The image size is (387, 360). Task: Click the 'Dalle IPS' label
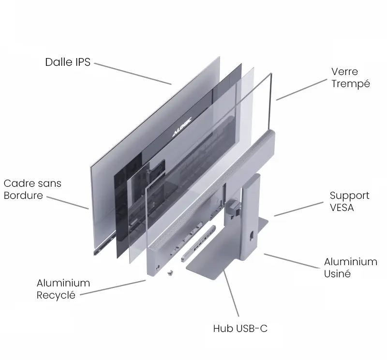coord(68,62)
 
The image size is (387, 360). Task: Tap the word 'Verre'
coord(344,72)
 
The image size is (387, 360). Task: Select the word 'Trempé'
coord(350,84)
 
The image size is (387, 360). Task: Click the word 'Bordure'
coord(23,196)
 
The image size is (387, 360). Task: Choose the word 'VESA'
coord(342,208)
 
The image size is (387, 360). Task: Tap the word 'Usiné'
coord(337,274)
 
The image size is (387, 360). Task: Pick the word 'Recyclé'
coord(56,295)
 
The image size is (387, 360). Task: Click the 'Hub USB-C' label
coord(240,329)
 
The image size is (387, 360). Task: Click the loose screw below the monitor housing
coord(170,273)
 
